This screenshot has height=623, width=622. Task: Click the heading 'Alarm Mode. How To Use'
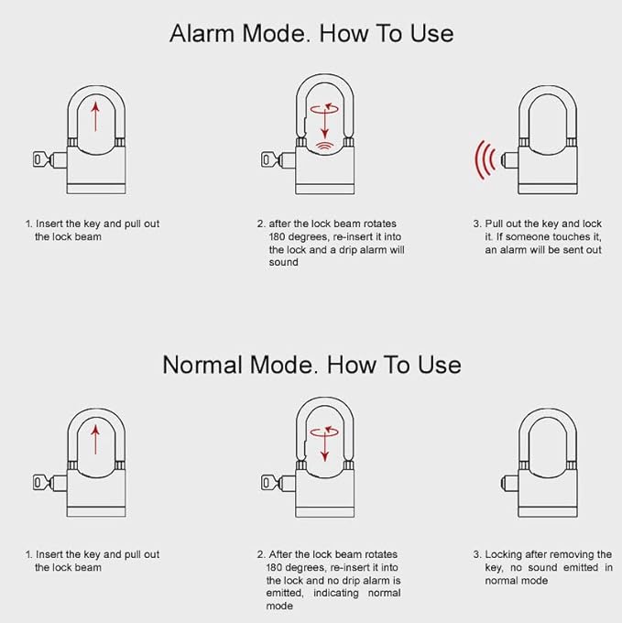311,33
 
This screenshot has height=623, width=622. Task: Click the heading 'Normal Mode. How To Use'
311,364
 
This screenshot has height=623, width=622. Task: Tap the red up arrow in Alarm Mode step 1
95,116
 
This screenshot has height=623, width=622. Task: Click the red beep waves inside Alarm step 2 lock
322,146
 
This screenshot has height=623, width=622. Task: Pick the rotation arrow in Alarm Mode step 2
322,108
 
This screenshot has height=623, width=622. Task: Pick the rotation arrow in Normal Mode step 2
322,431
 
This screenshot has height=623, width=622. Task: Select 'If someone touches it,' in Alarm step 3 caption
544,236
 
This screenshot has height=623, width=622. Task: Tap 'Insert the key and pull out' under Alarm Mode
97,224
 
